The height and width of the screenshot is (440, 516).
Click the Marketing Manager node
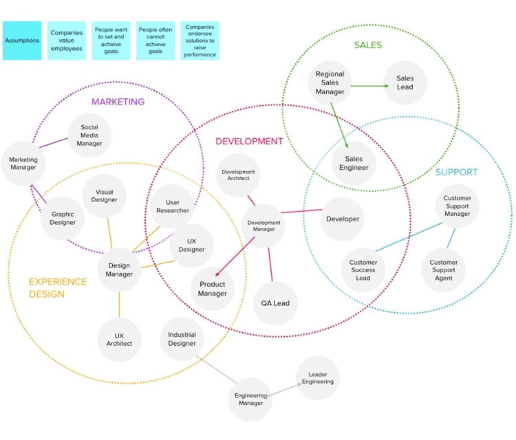point(23,164)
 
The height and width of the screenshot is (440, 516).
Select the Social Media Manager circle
point(89,135)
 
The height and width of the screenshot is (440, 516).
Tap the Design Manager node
point(119,270)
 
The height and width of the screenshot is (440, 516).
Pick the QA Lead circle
point(275,303)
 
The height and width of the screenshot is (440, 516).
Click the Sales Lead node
point(405,83)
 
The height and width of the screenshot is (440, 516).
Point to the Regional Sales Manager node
point(330,83)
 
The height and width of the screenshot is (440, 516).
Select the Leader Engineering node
point(318,377)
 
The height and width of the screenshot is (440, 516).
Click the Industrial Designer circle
point(182,339)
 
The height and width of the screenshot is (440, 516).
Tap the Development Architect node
point(238,175)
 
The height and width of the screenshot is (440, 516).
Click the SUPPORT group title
point(456,173)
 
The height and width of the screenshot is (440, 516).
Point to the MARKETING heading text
point(118,102)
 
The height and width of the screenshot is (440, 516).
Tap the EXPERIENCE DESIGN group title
point(58,288)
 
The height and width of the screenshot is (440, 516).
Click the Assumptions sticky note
point(22,41)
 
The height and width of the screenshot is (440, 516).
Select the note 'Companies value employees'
point(67,41)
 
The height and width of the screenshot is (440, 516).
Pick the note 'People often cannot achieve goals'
point(155,41)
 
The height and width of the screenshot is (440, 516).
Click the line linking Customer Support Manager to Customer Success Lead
point(411,236)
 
